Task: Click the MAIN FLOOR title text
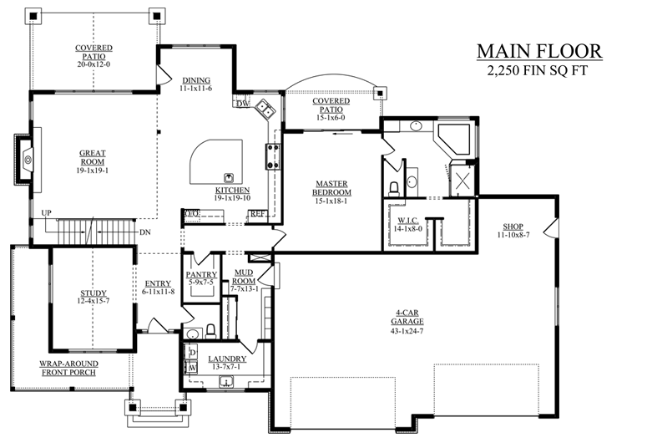(x=539, y=51)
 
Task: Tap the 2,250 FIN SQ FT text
(x=538, y=71)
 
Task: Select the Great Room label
(x=93, y=157)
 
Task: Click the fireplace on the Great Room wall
(x=26, y=159)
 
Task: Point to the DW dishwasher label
(x=243, y=104)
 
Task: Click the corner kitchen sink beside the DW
(x=265, y=109)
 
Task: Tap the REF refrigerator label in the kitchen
(x=257, y=214)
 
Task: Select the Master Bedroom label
(x=331, y=187)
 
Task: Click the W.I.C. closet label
(x=408, y=221)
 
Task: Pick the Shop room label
(x=513, y=227)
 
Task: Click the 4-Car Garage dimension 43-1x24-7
(x=407, y=331)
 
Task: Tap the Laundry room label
(x=227, y=359)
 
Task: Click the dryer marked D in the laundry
(x=193, y=353)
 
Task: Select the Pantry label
(x=201, y=274)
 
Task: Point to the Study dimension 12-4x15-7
(x=94, y=301)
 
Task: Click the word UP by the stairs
(x=46, y=213)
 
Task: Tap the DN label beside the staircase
(x=144, y=232)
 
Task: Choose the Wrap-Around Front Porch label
(x=68, y=368)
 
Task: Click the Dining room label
(x=196, y=80)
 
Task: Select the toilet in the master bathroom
(x=394, y=189)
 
